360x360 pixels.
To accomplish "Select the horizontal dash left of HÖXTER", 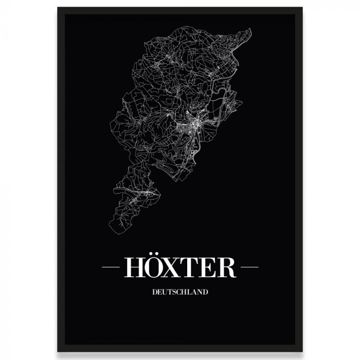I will (111, 268).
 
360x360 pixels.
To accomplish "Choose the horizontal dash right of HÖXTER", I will (249, 268).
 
